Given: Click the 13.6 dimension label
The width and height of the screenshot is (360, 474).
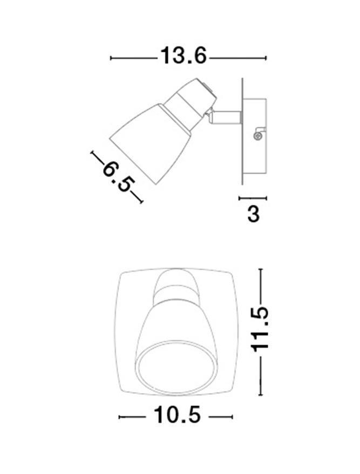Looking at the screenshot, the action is [183, 56].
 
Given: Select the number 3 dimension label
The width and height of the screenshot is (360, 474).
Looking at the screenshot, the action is [253, 214].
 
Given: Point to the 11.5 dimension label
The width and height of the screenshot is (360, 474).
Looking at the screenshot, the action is [259, 329].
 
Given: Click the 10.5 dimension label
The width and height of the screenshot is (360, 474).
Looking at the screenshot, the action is [177, 415].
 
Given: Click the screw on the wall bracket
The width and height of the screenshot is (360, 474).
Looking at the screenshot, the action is [257, 136].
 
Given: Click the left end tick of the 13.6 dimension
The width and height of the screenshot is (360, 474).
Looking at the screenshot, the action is [111, 58].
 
